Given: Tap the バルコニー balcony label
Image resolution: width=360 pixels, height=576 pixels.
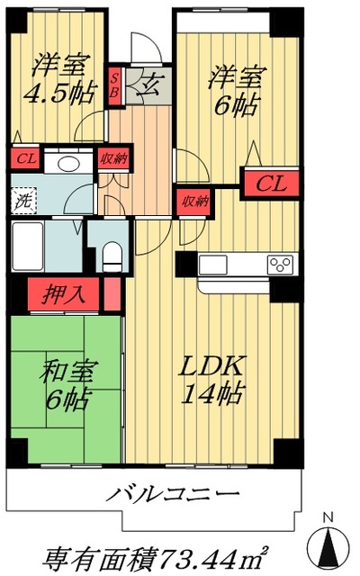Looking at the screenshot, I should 175,494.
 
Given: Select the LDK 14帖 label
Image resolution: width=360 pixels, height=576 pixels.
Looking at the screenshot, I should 213,381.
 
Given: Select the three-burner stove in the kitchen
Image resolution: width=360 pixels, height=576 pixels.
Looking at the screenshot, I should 279,265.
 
